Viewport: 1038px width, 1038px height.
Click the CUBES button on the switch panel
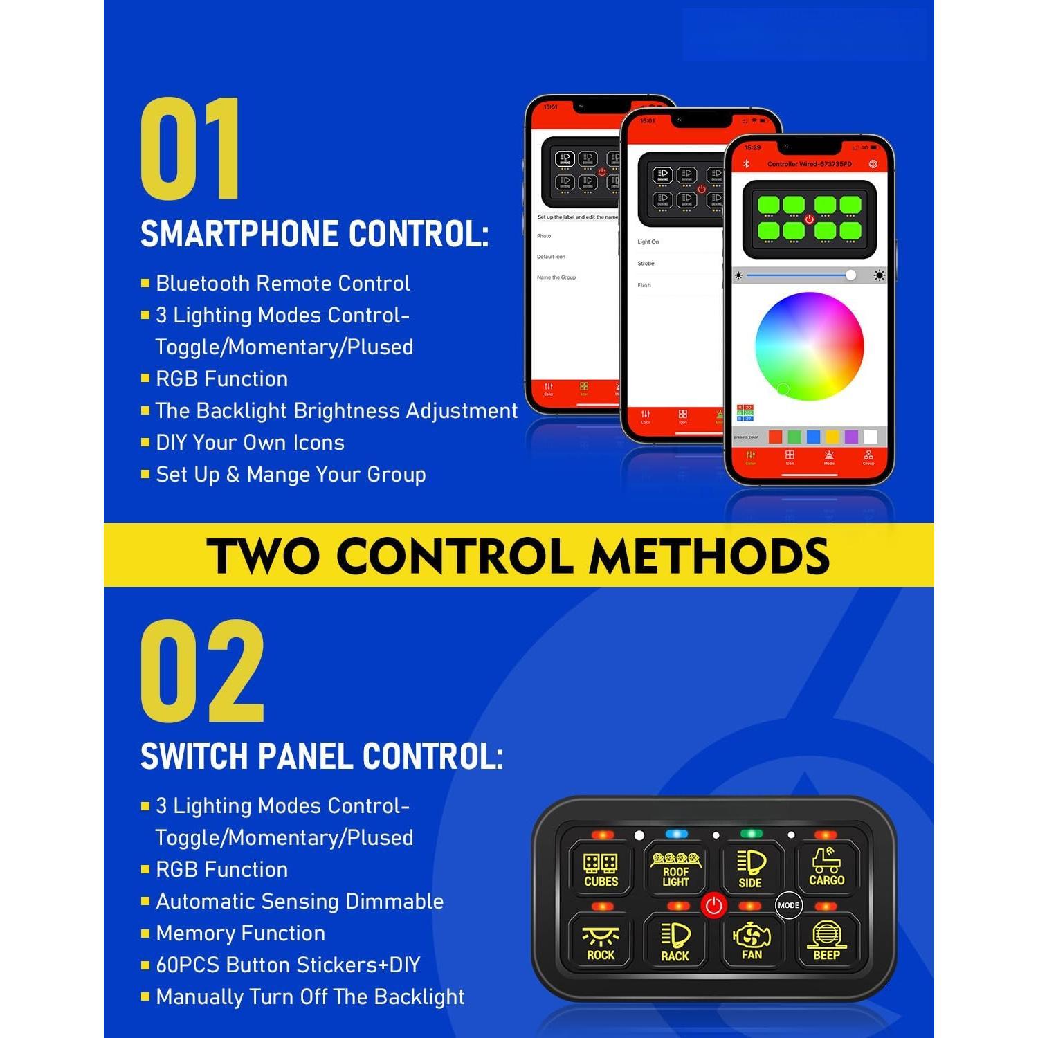[x=600, y=869]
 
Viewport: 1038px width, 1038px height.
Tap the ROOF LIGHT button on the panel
[x=675, y=869]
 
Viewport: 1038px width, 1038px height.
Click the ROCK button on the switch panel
[x=600, y=943]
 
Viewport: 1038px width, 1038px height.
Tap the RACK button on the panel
[x=675, y=943]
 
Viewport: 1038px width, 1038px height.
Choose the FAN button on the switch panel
[x=752, y=943]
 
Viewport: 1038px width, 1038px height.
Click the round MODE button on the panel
[x=788, y=905]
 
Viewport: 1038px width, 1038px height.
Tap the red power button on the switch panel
[x=713, y=905]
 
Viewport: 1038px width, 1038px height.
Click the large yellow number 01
[x=190, y=149]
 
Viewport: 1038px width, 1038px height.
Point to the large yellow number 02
[x=202, y=671]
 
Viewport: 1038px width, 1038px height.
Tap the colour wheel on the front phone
[x=809, y=346]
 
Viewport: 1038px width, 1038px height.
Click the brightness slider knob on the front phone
[x=850, y=275]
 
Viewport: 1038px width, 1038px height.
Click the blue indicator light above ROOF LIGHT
[x=676, y=835]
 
